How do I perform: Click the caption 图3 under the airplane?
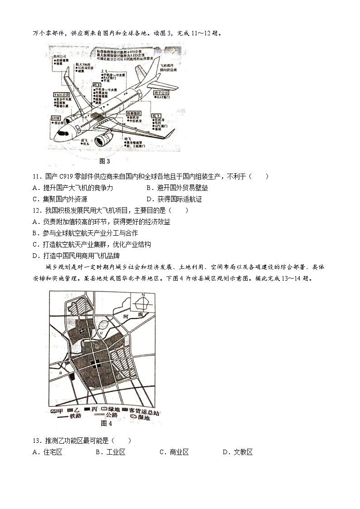tap(104, 160)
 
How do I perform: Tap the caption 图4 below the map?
tap(106, 423)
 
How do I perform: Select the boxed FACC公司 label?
tap(60, 95)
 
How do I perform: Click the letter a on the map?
tap(59, 373)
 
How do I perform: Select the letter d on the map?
tap(119, 375)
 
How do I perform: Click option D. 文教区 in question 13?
tap(238, 452)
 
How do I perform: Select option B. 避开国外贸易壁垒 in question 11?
tap(177, 188)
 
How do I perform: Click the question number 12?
tap(37, 210)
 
